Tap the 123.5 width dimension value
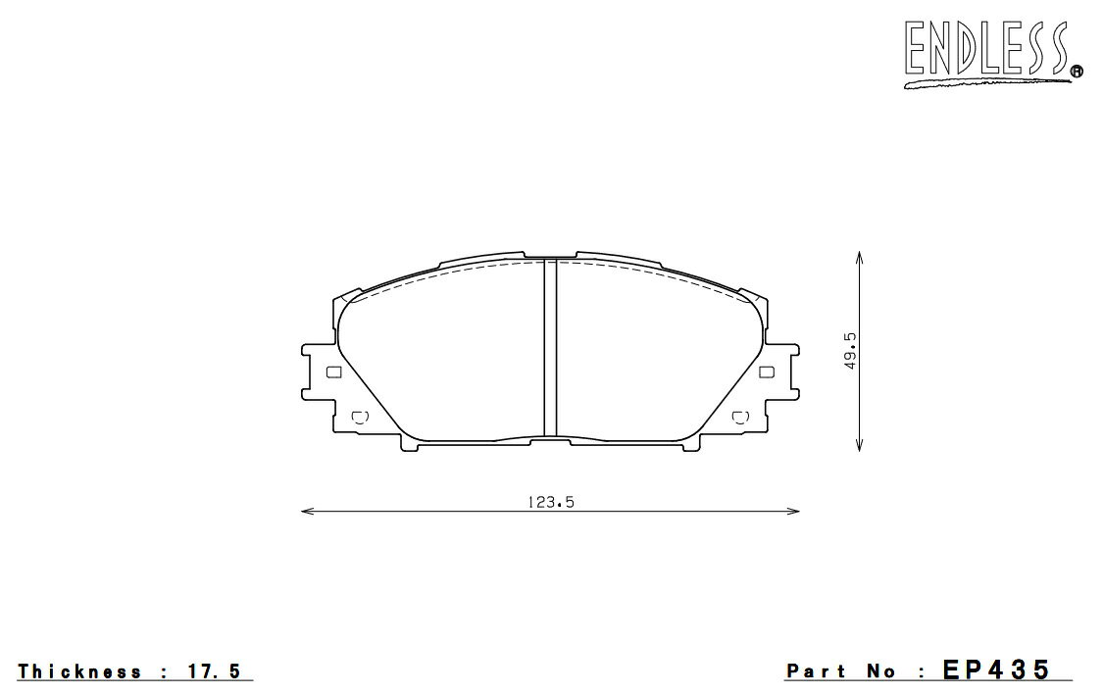(551, 502)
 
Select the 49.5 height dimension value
(850, 352)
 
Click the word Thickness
(79, 671)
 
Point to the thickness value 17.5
(214, 671)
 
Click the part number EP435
(997, 669)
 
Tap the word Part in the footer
(816, 671)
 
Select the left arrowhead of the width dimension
(307, 511)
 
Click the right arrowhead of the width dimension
(793, 511)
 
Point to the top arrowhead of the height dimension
(858, 256)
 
